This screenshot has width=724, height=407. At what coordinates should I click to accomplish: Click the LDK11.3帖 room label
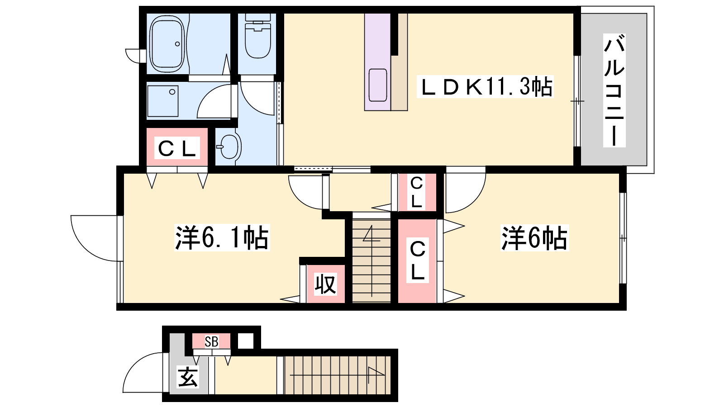pyautogui.click(x=485, y=86)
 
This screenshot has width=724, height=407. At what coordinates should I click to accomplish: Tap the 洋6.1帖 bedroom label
pyautogui.click(x=222, y=238)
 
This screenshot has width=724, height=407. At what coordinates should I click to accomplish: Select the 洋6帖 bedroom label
pyautogui.click(x=534, y=238)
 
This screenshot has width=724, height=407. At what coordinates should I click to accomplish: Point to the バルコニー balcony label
pyautogui.click(x=614, y=90)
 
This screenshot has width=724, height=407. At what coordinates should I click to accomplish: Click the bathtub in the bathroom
pyautogui.click(x=167, y=44)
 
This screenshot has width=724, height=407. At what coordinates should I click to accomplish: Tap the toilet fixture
pyautogui.click(x=257, y=36)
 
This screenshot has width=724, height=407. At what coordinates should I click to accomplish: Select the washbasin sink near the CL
pyautogui.click(x=230, y=147)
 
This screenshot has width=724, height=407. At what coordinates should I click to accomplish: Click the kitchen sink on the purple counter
pyautogui.click(x=377, y=85)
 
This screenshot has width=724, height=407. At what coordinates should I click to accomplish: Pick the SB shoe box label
pyautogui.click(x=212, y=341)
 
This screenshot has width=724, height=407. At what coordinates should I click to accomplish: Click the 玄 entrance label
pyautogui.click(x=188, y=377)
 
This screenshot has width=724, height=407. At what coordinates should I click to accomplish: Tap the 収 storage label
pyautogui.click(x=325, y=284)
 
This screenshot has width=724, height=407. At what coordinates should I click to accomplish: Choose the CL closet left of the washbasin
pyautogui.click(x=177, y=147)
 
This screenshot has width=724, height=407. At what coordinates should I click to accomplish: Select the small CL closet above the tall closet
pyautogui.click(x=416, y=193)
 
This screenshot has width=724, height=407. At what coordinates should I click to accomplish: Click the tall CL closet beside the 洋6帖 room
pyautogui.click(x=417, y=261)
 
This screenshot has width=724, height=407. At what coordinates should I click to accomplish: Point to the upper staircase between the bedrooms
pyautogui.click(x=372, y=261)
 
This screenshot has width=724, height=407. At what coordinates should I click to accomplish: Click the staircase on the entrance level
pyautogui.click(x=338, y=375)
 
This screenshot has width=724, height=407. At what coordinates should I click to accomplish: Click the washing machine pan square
pyautogui.click(x=163, y=101)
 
